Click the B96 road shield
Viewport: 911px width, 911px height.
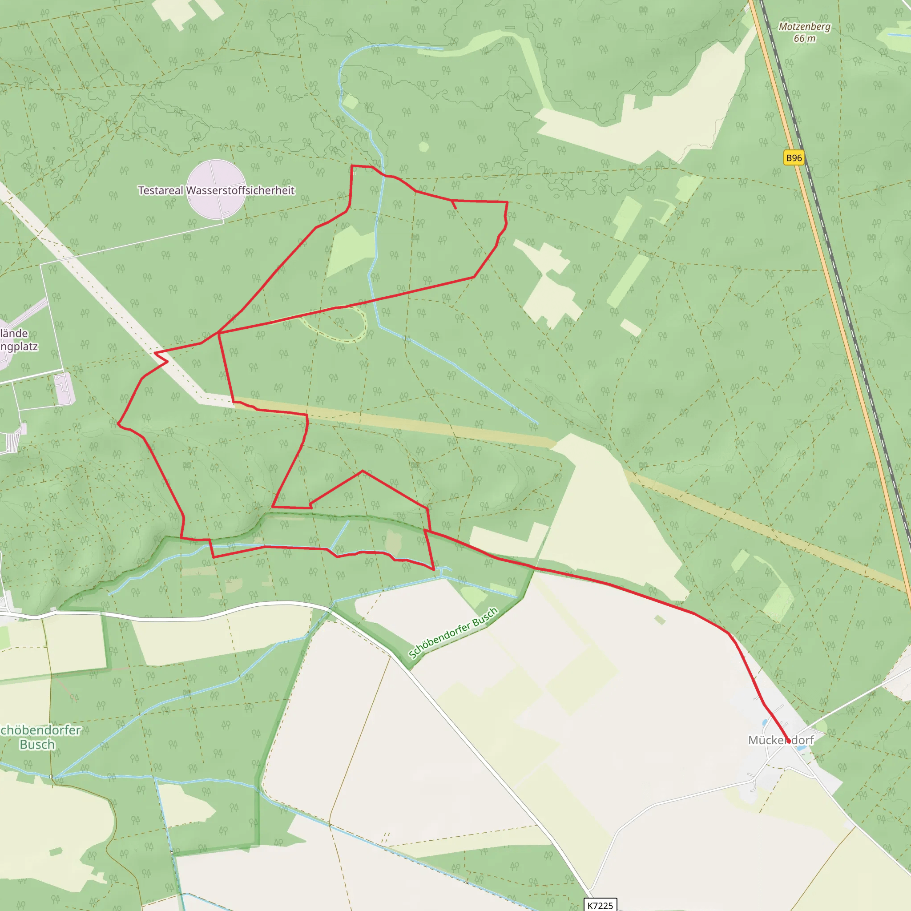click(x=794, y=157)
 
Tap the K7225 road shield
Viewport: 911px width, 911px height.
click(x=600, y=905)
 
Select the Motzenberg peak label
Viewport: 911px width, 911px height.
click(x=804, y=26)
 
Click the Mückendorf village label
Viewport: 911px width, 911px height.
click(x=781, y=740)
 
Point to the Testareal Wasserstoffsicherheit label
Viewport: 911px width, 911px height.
click(x=217, y=190)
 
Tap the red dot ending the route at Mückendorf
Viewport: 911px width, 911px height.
click(x=788, y=741)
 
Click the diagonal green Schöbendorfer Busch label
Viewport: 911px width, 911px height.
click(x=453, y=633)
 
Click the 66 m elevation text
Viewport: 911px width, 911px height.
click(x=804, y=39)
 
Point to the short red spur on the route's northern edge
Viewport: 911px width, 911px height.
click(x=454, y=205)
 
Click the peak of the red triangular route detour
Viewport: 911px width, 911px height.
click(x=363, y=471)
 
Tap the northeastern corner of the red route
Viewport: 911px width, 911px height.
click(x=507, y=202)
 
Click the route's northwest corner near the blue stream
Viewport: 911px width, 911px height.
click(x=352, y=166)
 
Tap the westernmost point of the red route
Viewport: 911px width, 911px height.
click(x=118, y=423)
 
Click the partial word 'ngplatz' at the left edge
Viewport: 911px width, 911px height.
click(x=19, y=347)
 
